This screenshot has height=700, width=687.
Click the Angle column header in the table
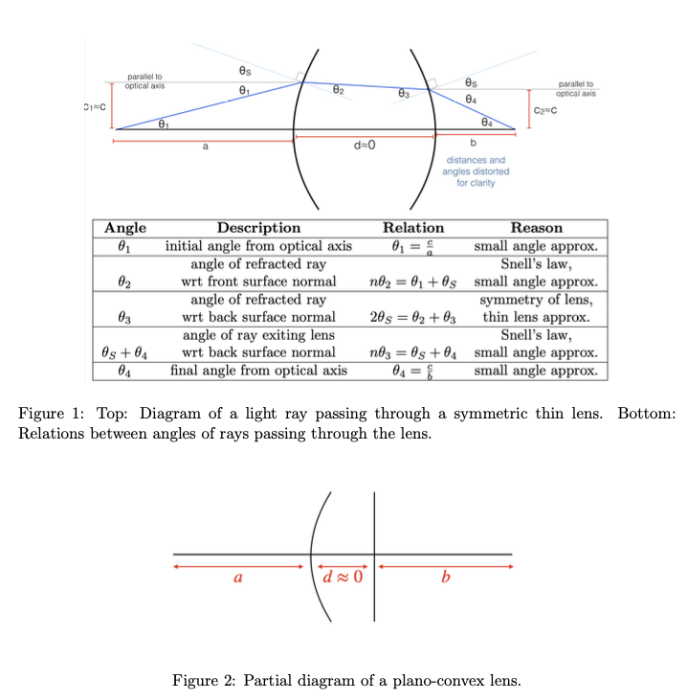click(125, 228)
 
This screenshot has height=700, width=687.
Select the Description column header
click(258, 228)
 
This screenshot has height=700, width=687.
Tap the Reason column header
click(537, 228)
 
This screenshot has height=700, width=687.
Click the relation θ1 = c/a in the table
click(412, 246)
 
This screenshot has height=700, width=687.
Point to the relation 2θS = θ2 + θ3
click(412, 317)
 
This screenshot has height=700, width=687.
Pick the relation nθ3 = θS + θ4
click(412, 352)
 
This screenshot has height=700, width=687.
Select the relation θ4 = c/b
click(412, 370)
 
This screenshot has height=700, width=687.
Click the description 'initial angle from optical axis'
click(258, 246)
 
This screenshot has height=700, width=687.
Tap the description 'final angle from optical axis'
click(258, 370)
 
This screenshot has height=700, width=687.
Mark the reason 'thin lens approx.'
click(537, 317)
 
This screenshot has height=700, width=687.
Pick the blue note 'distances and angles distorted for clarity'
click(476, 171)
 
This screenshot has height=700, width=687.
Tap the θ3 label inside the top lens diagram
click(404, 94)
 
